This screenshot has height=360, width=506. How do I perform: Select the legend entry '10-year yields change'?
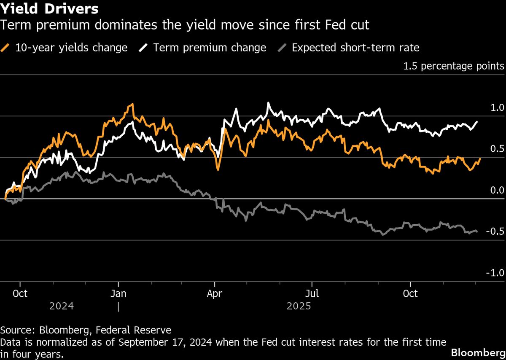(71, 48)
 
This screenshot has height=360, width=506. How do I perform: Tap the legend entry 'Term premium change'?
(210, 48)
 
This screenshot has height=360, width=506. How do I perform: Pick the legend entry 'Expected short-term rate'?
(355, 48)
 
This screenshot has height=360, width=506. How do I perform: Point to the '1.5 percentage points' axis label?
(454, 66)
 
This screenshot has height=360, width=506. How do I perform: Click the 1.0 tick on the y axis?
(497, 108)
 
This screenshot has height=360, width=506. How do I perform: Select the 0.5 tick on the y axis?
(497, 149)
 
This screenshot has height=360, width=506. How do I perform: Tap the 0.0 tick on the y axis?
(497, 191)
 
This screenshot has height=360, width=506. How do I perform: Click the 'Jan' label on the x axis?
(118, 293)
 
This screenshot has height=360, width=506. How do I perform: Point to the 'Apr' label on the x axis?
(215, 293)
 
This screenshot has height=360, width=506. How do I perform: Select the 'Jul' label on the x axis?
(312, 293)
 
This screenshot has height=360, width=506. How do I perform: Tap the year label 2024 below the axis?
(62, 306)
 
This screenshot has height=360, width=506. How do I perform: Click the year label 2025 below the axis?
(299, 306)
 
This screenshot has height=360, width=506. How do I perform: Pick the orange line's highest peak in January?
(133, 104)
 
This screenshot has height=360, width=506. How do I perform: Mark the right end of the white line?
(477, 122)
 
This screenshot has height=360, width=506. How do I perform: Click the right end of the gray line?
(477, 231)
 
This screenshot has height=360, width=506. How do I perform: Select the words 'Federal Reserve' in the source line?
(143, 330)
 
